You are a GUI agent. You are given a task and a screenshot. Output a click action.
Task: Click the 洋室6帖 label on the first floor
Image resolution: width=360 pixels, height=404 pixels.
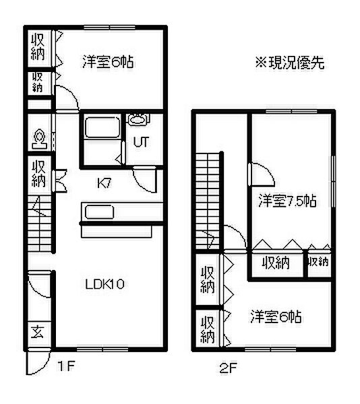pos(108,62)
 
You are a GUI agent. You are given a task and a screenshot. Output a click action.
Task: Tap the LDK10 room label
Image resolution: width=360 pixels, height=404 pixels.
pos(105,284)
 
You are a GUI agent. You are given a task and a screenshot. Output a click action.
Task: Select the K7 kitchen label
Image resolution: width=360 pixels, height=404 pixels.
pos(104,183)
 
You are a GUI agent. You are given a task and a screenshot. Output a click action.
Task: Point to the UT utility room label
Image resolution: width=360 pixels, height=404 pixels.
pos(142,141)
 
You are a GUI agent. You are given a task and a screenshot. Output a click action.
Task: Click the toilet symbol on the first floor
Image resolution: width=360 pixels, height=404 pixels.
pos(40,139)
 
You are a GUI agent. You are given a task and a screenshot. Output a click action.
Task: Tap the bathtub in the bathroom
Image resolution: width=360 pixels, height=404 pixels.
pos(102,127)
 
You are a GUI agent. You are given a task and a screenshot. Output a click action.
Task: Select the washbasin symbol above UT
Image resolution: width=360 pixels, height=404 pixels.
pos(138,119)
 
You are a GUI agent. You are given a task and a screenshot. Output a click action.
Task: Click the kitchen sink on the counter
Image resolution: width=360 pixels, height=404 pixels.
pos(99,212)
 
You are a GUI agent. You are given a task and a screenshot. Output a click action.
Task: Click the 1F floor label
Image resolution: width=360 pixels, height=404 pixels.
pos(66,366)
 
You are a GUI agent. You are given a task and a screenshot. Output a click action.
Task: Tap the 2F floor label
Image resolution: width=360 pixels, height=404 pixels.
pos(229,368)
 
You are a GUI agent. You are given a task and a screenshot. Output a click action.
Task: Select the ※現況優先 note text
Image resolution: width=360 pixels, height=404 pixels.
pos(290,63)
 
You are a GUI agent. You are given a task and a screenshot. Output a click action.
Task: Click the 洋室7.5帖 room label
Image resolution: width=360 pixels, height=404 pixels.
pos(288,201)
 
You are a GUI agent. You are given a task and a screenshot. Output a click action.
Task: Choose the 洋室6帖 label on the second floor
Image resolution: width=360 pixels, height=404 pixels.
pos(276,316)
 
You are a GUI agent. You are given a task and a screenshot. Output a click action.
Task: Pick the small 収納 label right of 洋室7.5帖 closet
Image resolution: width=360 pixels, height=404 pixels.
pos(318,262)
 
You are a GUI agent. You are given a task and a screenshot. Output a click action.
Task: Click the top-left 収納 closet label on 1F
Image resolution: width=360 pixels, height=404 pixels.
pos(38,47)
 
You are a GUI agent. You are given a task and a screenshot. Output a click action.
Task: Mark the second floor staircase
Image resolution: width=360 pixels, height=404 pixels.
pos(208,201)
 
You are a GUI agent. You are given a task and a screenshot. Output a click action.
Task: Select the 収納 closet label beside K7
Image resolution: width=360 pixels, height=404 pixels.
pos(38,174)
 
